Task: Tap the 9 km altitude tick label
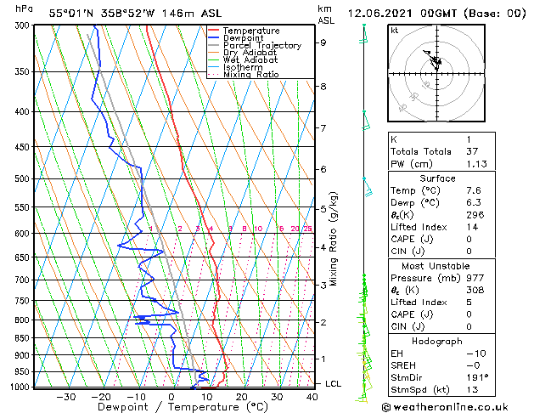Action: click(x=323, y=42)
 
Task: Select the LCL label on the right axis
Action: click(x=333, y=384)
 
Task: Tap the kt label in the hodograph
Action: click(x=394, y=30)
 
